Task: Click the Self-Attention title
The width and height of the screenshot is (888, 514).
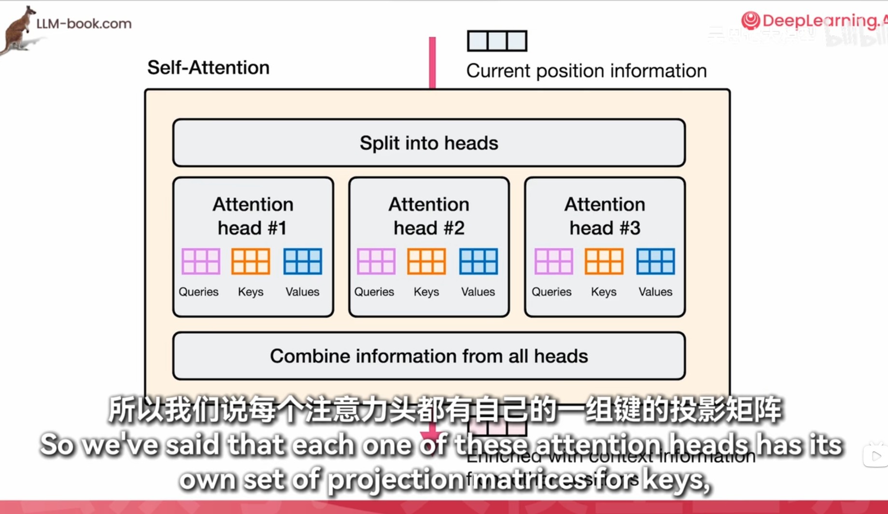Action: point(208,68)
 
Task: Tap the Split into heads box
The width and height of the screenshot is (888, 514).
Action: point(429,143)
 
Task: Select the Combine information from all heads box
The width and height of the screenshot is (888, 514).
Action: point(429,356)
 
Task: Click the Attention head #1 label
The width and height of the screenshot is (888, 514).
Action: point(253,216)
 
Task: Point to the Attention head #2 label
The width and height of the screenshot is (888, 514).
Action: point(429,216)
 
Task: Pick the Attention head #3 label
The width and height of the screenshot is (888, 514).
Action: point(605,216)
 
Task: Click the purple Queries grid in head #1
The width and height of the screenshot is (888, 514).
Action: point(201,261)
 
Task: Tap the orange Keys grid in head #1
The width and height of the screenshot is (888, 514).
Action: point(251,261)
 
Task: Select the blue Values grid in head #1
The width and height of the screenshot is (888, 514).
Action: point(303,261)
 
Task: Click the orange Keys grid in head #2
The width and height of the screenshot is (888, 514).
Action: point(426,261)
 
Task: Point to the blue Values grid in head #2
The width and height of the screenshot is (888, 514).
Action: point(479,261)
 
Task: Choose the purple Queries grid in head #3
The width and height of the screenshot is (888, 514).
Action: point(553,261)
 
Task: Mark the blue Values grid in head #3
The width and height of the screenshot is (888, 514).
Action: point(656,261)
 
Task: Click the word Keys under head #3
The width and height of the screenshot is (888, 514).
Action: point(604,292)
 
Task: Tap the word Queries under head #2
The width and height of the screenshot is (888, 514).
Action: point(374,292)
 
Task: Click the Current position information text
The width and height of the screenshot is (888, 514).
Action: point(586,71)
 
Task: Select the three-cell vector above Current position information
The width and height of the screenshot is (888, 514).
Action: point(497,41)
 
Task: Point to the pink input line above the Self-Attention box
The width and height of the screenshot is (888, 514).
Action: point(432,63)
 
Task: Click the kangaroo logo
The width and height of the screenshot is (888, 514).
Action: point(18,30)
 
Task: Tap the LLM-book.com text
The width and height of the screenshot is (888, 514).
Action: point(84,23)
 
